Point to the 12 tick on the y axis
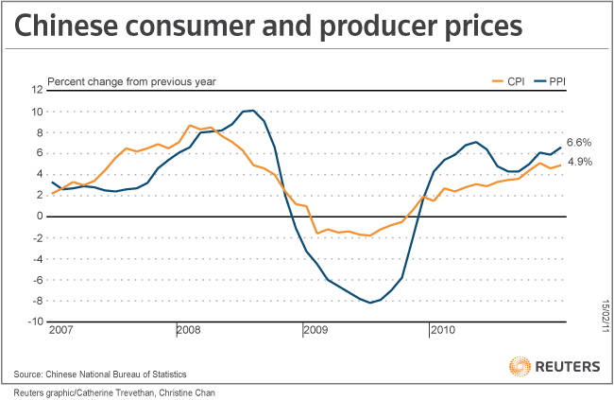point(37,90)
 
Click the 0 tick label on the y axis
point(40,216)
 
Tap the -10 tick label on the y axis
point(35,322)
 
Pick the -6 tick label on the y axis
point(37,279)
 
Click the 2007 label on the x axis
point(59,330)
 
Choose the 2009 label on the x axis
point(315,330)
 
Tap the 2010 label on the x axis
point(442,330)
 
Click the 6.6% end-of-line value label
point(579,142)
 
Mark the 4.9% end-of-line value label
point(579,162)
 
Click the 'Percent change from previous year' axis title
point(132,81)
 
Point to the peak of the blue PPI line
point(251,111)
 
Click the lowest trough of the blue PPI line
point(368,302)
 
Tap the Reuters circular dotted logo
point(520,366)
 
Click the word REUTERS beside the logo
point(568,366)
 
